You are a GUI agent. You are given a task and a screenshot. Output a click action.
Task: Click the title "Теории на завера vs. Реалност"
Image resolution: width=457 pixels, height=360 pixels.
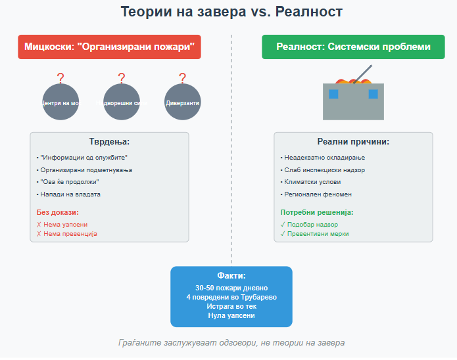[231, 12]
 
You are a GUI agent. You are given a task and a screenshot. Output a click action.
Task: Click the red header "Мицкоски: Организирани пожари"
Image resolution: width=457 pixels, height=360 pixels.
[109, 47]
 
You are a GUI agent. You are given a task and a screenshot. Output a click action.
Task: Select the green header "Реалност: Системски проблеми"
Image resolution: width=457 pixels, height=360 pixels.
[353, 47]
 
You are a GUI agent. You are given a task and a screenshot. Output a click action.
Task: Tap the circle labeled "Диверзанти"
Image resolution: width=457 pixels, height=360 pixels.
[182, 102]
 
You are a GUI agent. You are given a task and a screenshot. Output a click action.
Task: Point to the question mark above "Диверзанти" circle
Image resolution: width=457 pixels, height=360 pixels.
[182, 78]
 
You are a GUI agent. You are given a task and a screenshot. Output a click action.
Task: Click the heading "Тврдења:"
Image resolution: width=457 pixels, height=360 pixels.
[109, 142]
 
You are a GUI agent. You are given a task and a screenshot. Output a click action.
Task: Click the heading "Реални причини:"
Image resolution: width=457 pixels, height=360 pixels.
[353, 142]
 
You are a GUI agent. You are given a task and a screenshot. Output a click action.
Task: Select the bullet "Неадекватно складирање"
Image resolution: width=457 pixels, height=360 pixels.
[322, 158]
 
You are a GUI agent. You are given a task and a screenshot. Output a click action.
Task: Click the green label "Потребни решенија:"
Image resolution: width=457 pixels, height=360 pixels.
[317, 213]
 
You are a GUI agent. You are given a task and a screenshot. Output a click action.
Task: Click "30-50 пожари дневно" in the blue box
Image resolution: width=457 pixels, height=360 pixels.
[231, 288]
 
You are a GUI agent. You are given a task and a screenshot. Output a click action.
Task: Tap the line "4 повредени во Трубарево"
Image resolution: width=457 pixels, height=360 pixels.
[231, 297]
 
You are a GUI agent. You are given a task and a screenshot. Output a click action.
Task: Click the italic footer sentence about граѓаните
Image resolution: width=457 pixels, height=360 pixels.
[231, 343]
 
